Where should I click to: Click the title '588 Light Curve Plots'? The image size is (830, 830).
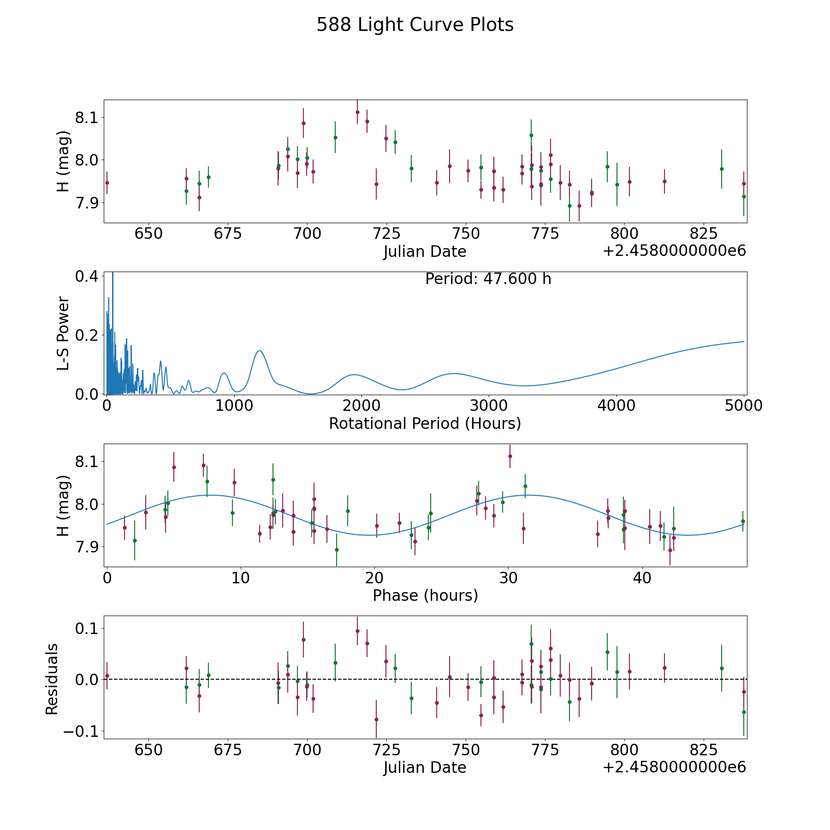(x=415, y=25)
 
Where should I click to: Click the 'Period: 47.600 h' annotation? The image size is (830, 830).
(x=488, y=279)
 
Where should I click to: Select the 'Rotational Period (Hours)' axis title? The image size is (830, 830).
(x=425, y=423)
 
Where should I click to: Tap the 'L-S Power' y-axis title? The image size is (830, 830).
(x=63, y=333)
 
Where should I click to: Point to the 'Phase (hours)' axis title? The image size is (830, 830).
(x=425, y=595)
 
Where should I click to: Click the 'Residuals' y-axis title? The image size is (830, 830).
(x=52, y=679)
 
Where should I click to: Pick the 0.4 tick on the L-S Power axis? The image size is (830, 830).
(x=87, y=276)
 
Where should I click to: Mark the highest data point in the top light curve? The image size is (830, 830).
(x=357, y=112)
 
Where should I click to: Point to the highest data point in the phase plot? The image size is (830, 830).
(x=510, y=456)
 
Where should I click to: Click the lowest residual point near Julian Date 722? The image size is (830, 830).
(x=376, y=719)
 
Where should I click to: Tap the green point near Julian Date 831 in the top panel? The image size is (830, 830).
(x=722, y=169)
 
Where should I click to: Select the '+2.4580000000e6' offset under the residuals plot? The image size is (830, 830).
(x=674, y=767)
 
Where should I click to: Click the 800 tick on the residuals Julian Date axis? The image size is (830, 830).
(x=624, y=750)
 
